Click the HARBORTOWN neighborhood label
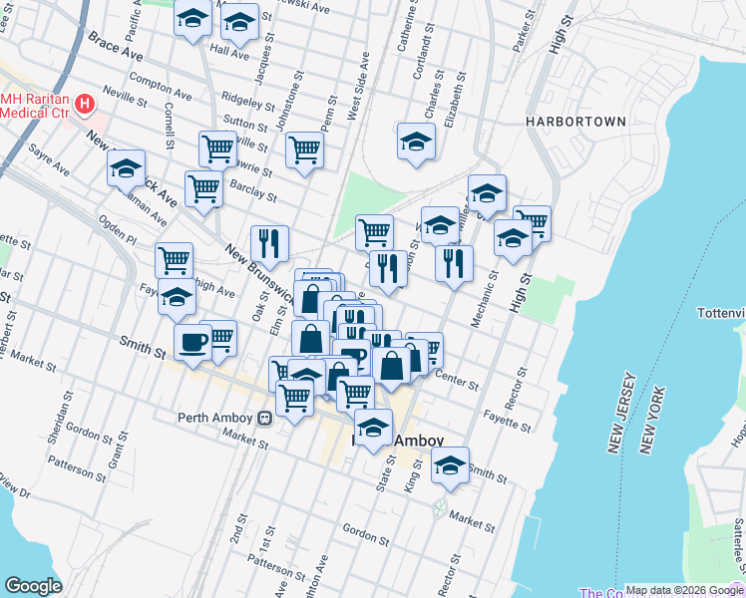576,122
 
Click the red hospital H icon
85,103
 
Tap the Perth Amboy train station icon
265,418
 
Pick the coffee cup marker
192,342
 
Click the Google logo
33,586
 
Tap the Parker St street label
519,35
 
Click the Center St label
458,381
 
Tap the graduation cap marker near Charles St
416,142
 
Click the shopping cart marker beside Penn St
304,150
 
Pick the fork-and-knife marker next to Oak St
269,242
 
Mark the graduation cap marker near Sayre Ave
127,168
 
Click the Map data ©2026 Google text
684,590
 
